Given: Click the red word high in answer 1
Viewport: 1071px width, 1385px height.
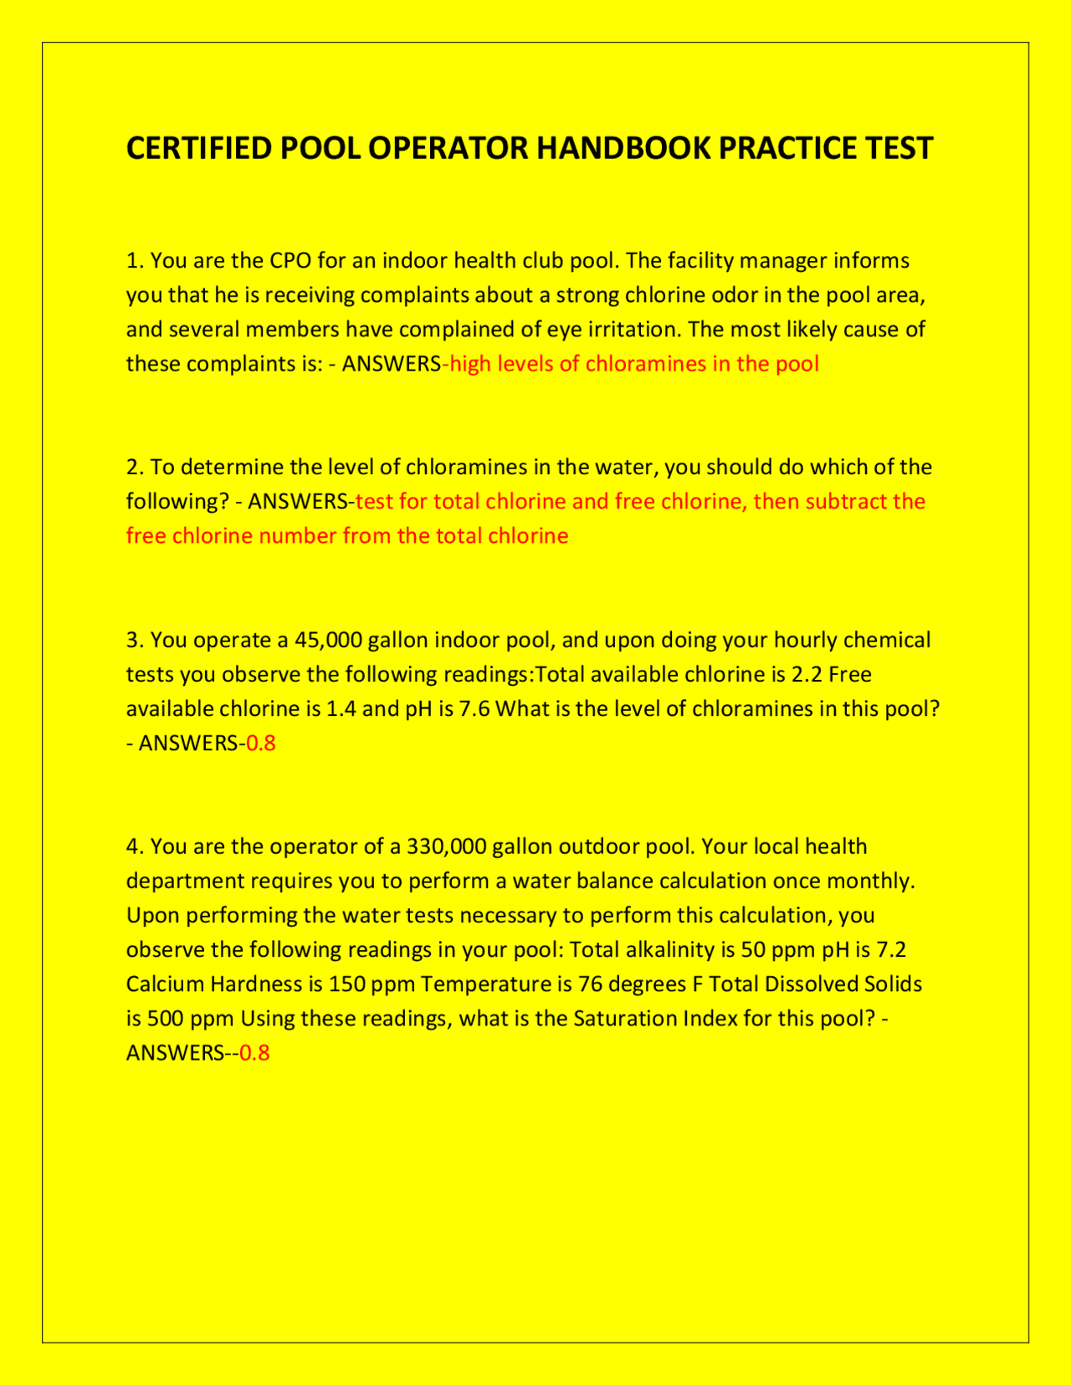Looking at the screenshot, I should click(470, 364).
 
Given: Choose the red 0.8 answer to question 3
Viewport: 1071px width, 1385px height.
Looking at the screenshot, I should click(261, 743).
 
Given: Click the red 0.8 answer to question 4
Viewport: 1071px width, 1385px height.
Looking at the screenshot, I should click(254, 1053).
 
